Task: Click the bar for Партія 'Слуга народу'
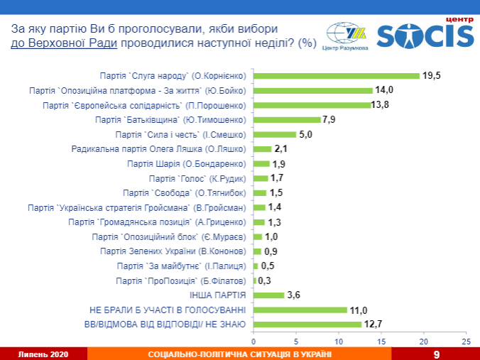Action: [x=337, y=76]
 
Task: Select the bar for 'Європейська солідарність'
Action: [x=312, y=105]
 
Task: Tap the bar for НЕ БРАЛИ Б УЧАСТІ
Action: [x=300, y=310]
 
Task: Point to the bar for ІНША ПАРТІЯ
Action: [x=269, y=295]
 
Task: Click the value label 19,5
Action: [x=432, y=75]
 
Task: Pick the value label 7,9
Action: [x=329, y=119]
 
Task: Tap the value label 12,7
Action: [x=373, y=324]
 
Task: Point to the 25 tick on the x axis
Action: [x=466, y=341]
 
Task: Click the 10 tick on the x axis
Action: [x=339, y=341]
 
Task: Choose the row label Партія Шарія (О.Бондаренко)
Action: [x=187, y=163]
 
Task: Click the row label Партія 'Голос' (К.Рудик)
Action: [x=197, y=178]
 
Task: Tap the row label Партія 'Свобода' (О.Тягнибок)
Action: [x=185, y=192]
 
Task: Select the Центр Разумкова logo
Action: [x=347, y=37]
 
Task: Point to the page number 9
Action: [x=436, y=354]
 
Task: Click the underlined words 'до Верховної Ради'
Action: [x=64, y=43]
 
